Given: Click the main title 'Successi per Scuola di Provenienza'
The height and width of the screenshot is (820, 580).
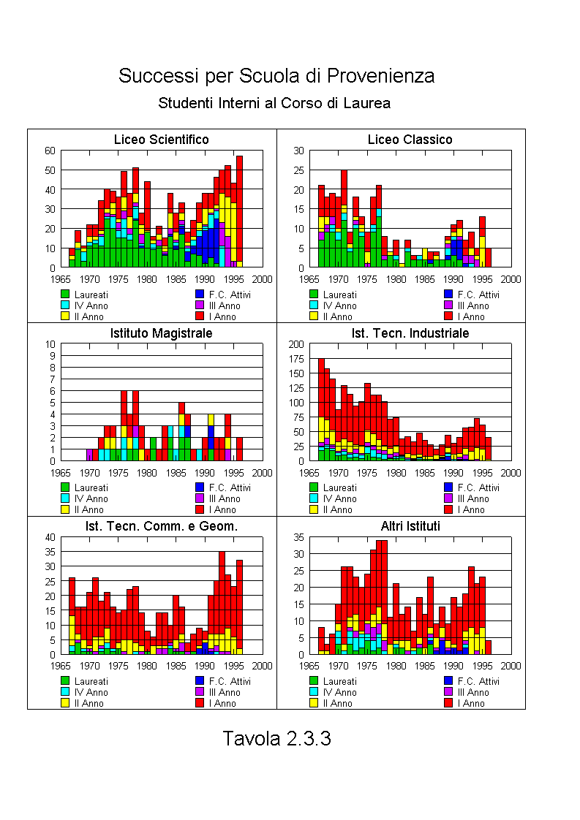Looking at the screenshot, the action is tap(276, 76).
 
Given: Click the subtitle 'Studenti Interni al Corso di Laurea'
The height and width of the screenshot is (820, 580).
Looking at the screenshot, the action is tap(274, 103).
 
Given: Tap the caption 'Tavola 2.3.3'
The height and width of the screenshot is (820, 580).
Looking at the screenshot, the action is tap(277, 738).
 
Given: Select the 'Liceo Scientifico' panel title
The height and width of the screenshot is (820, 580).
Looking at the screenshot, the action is tap(161, 140).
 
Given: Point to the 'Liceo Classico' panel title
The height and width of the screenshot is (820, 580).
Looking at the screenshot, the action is tap(410, 140).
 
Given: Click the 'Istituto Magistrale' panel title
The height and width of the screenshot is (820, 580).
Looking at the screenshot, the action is tap(161, 333).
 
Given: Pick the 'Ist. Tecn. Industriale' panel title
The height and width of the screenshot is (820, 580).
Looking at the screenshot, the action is tap(410, 333).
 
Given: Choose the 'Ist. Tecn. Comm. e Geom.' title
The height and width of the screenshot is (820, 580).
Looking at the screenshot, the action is tap(161, 526).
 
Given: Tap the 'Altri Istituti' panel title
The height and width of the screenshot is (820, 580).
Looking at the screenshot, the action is tap(410, 526).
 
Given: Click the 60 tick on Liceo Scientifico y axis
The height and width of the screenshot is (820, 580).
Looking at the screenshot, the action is tap(50, 151).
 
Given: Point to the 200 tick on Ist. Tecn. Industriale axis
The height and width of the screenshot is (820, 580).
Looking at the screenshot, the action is tap(295, 344).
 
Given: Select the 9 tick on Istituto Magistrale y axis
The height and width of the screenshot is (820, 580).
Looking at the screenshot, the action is tap(53, 356).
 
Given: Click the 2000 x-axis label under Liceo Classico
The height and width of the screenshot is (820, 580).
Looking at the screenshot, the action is tap(511, 279).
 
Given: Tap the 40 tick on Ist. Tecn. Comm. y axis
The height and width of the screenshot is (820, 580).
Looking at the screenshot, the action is tap(50, 537).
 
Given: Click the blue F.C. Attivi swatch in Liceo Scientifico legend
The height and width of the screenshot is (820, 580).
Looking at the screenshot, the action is tap(200, 294).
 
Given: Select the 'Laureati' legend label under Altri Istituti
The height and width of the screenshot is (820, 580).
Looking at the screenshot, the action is tap(339, 681).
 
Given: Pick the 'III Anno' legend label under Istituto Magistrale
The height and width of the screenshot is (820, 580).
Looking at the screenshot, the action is tap(224, 499).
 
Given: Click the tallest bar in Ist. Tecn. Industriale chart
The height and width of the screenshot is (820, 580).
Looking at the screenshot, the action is tap(321, 409).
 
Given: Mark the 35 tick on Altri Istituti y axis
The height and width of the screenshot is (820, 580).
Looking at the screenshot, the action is tap(298, 537).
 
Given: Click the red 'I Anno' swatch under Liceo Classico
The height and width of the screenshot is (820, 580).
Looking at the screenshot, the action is tap(448, 316).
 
